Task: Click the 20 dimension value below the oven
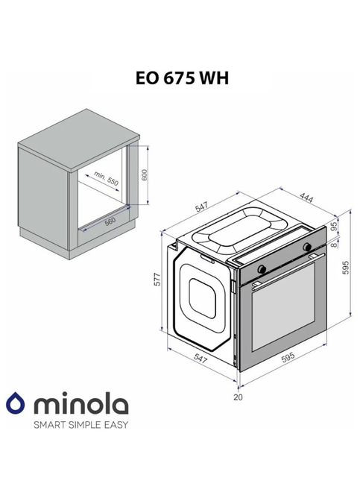click(x=238, y=397)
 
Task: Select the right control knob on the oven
click(x=306, y=247)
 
